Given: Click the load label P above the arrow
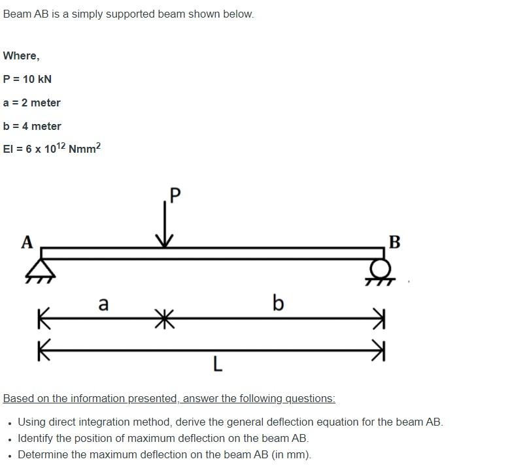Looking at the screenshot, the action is pos(175,195).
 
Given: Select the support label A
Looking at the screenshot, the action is pos(27,242).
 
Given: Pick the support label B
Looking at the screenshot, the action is pos(394,242).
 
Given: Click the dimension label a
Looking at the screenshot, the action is pos(103,304).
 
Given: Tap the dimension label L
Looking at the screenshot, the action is pos(218,365).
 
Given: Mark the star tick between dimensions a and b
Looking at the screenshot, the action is pos(165,319).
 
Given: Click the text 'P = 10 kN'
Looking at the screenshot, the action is pos(27,79).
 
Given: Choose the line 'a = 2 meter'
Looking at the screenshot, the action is pos(32,102).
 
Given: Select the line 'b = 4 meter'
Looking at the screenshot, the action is pos(32,126).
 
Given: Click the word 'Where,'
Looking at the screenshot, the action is pos(21,55).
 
